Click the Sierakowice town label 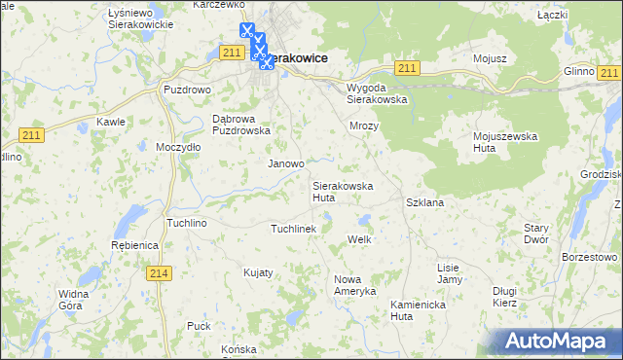296,58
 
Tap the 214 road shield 161,274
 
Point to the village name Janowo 286,164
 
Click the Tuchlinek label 294,229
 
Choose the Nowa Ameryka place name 353,286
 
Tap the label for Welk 360,239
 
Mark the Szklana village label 424,202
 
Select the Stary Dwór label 536,234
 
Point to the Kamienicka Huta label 417,309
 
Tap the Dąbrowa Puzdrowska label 239,125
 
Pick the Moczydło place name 178,147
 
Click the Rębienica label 134,245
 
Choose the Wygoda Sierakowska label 377,92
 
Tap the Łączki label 552,16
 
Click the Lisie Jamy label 449,273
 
